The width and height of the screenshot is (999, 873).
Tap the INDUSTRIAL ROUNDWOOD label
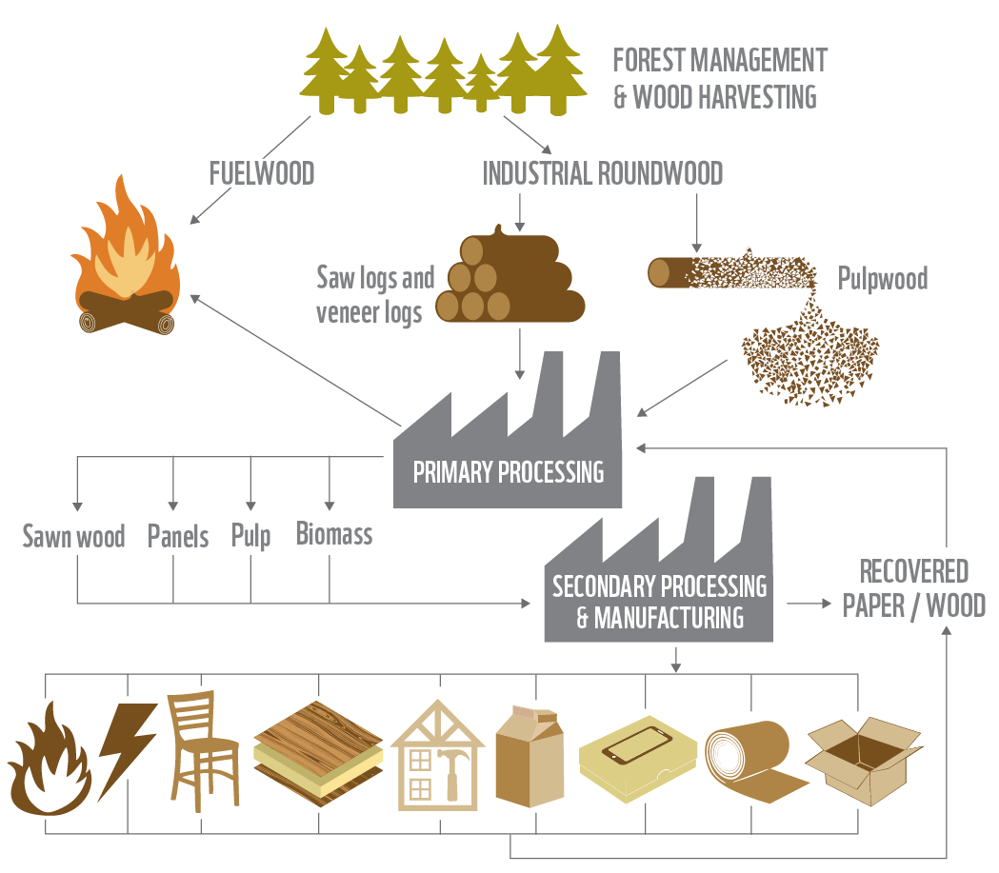click(602, 173)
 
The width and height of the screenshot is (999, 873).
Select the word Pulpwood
click(882, 278)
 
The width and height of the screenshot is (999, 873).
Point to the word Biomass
click(333, 534)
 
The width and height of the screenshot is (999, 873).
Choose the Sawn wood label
click(74, 537)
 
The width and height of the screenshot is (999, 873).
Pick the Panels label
click(178, 537)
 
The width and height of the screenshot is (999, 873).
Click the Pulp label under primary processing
click(250, 536)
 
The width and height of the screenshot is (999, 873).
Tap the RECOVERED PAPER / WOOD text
click(913, 589)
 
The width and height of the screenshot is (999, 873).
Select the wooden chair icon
click(203, 752)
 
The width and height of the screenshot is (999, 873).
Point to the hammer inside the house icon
click(450, 768)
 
